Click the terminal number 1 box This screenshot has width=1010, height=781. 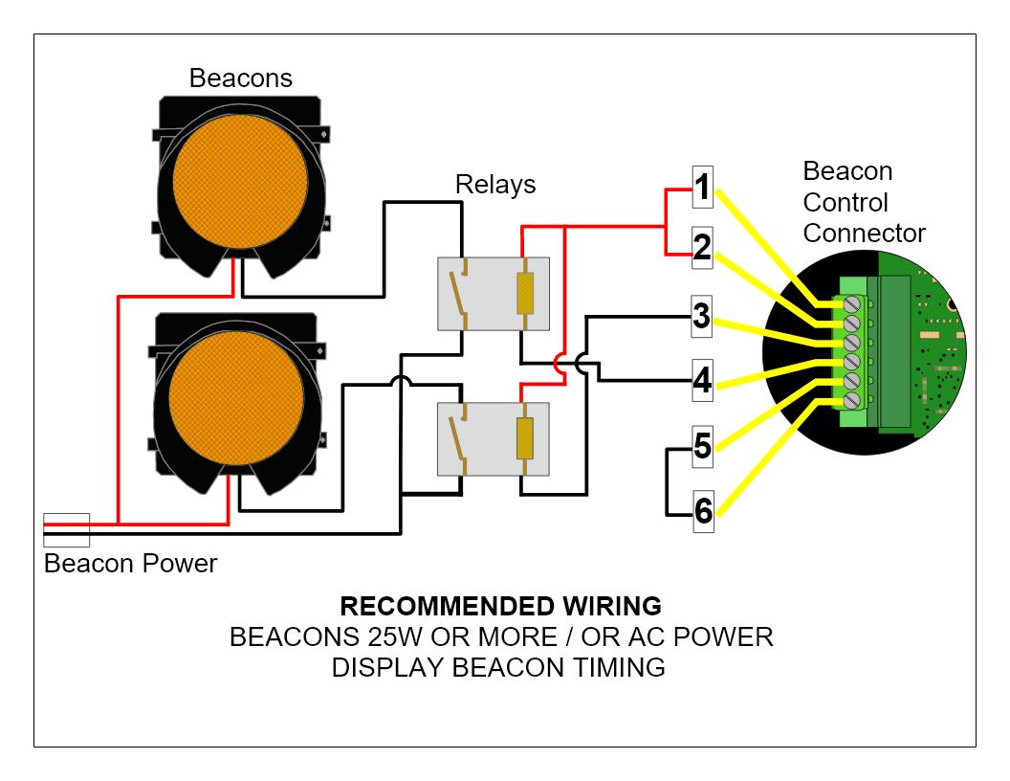point(702,188)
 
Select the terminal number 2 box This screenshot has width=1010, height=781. point(702,249)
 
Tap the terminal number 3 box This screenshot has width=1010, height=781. point(702,317)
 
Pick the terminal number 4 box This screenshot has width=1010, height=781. point(702,380)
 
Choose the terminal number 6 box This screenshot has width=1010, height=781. point(702,512)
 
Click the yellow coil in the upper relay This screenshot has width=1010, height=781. point(523,294)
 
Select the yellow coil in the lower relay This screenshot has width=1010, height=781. point(523,439)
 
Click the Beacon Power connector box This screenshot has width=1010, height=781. point(67,529)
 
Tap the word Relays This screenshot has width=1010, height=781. point(494,184)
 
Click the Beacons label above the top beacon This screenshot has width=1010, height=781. point(240,78)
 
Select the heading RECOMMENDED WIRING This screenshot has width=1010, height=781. point(500,607)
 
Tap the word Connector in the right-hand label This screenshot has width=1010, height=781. point(864,233)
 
